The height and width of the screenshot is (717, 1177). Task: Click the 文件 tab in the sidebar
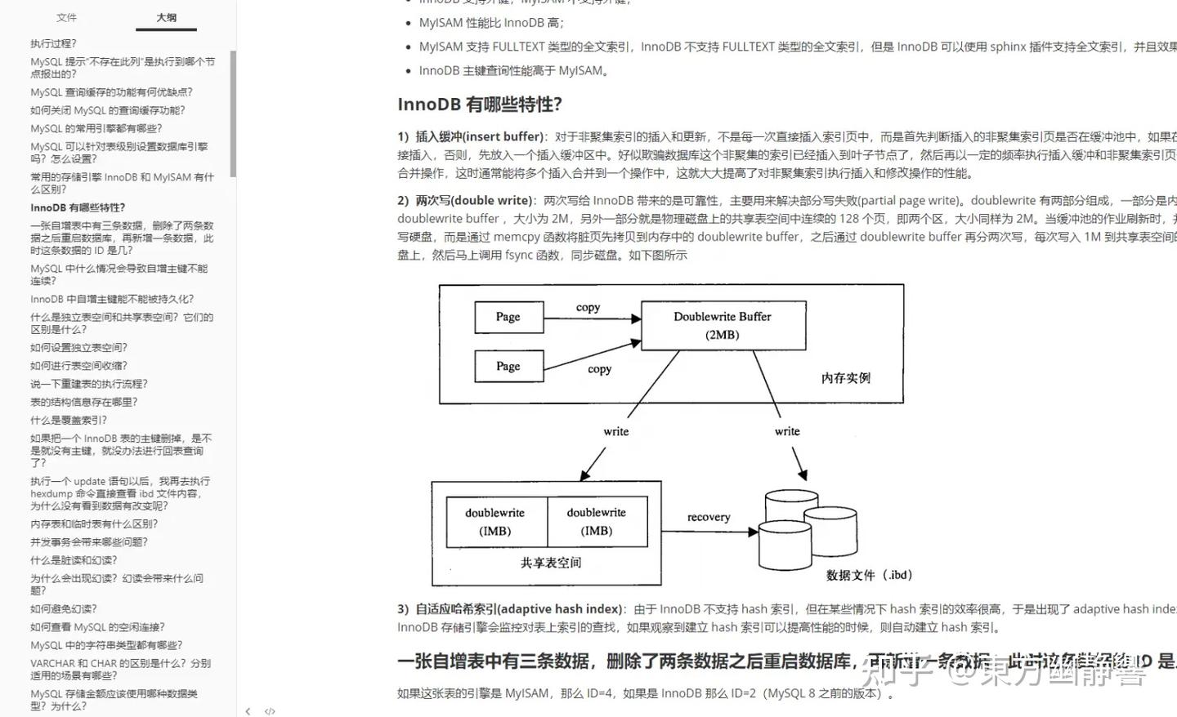pos(66,17)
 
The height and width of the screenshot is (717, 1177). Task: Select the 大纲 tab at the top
pos(166,17)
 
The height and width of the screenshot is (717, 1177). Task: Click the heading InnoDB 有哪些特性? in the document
pos(480,105)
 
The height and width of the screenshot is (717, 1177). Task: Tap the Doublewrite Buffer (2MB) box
pos(723,325)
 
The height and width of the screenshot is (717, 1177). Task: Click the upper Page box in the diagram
pos(508,317)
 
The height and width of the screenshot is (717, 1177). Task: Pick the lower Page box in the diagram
pos(508,367)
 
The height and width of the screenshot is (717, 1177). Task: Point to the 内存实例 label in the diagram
pos(845,378)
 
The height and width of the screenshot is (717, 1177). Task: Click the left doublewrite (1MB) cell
pos(495,522)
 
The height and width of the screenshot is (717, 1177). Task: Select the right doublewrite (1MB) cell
pos(597,522)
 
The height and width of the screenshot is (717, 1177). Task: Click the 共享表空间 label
pos(551,563)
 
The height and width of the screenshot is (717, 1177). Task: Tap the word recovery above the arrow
pos(709,517)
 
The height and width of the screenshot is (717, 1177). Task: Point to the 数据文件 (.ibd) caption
pos(868,575)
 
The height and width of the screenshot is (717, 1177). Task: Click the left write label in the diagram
pos(616,431)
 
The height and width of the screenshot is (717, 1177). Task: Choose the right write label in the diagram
pos(787,431)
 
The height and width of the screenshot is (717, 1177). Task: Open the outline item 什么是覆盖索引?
pos(69,420)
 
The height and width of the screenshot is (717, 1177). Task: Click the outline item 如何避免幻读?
pos(64,608)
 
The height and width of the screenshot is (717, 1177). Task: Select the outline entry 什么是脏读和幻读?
pos(74,560)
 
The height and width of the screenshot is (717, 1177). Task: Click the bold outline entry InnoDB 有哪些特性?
pos(78,207)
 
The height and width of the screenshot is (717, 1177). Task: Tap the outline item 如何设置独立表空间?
pos(79,347)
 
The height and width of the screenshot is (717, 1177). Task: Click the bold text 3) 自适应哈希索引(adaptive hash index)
pos(510,609)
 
